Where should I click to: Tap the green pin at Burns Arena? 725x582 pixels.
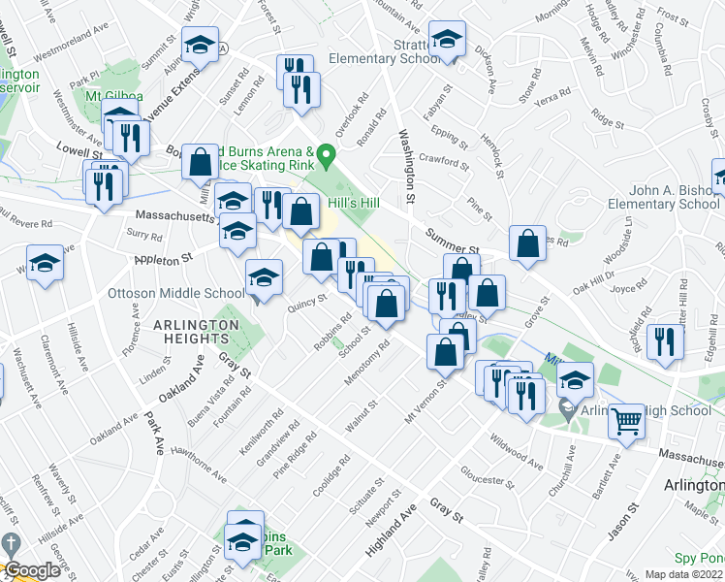(x=328, y=154)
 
